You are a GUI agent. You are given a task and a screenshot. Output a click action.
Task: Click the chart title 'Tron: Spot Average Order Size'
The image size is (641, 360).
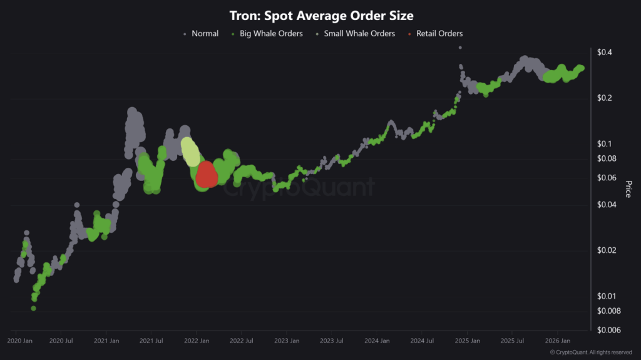coord(321,16)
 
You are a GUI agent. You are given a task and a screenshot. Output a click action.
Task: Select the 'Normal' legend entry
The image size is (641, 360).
coord(205,33)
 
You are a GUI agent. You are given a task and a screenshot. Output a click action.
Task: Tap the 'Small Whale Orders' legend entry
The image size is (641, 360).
coord(359,33)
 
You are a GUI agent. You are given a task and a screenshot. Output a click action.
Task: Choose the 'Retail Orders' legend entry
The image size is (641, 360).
coord(439,33)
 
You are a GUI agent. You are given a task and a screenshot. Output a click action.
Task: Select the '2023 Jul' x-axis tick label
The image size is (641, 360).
coord(331,341)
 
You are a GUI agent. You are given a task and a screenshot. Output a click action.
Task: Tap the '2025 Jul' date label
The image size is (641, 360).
coord(513,341)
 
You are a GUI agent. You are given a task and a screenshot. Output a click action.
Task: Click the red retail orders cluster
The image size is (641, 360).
coord(207,175)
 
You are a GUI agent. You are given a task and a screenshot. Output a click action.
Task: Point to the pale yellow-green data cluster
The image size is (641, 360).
coord(190,151)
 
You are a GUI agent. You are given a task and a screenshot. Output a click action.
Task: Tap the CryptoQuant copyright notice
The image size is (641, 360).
coord(591,352)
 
